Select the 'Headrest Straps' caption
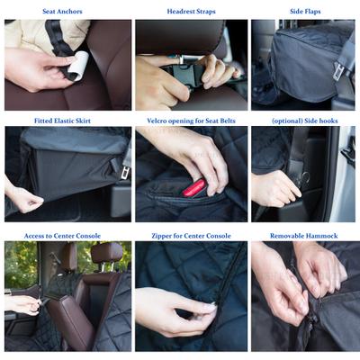click(190, 12)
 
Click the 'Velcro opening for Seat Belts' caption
click(190, 121)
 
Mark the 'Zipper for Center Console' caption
click(190, 236)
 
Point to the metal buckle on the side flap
click(339, 70)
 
